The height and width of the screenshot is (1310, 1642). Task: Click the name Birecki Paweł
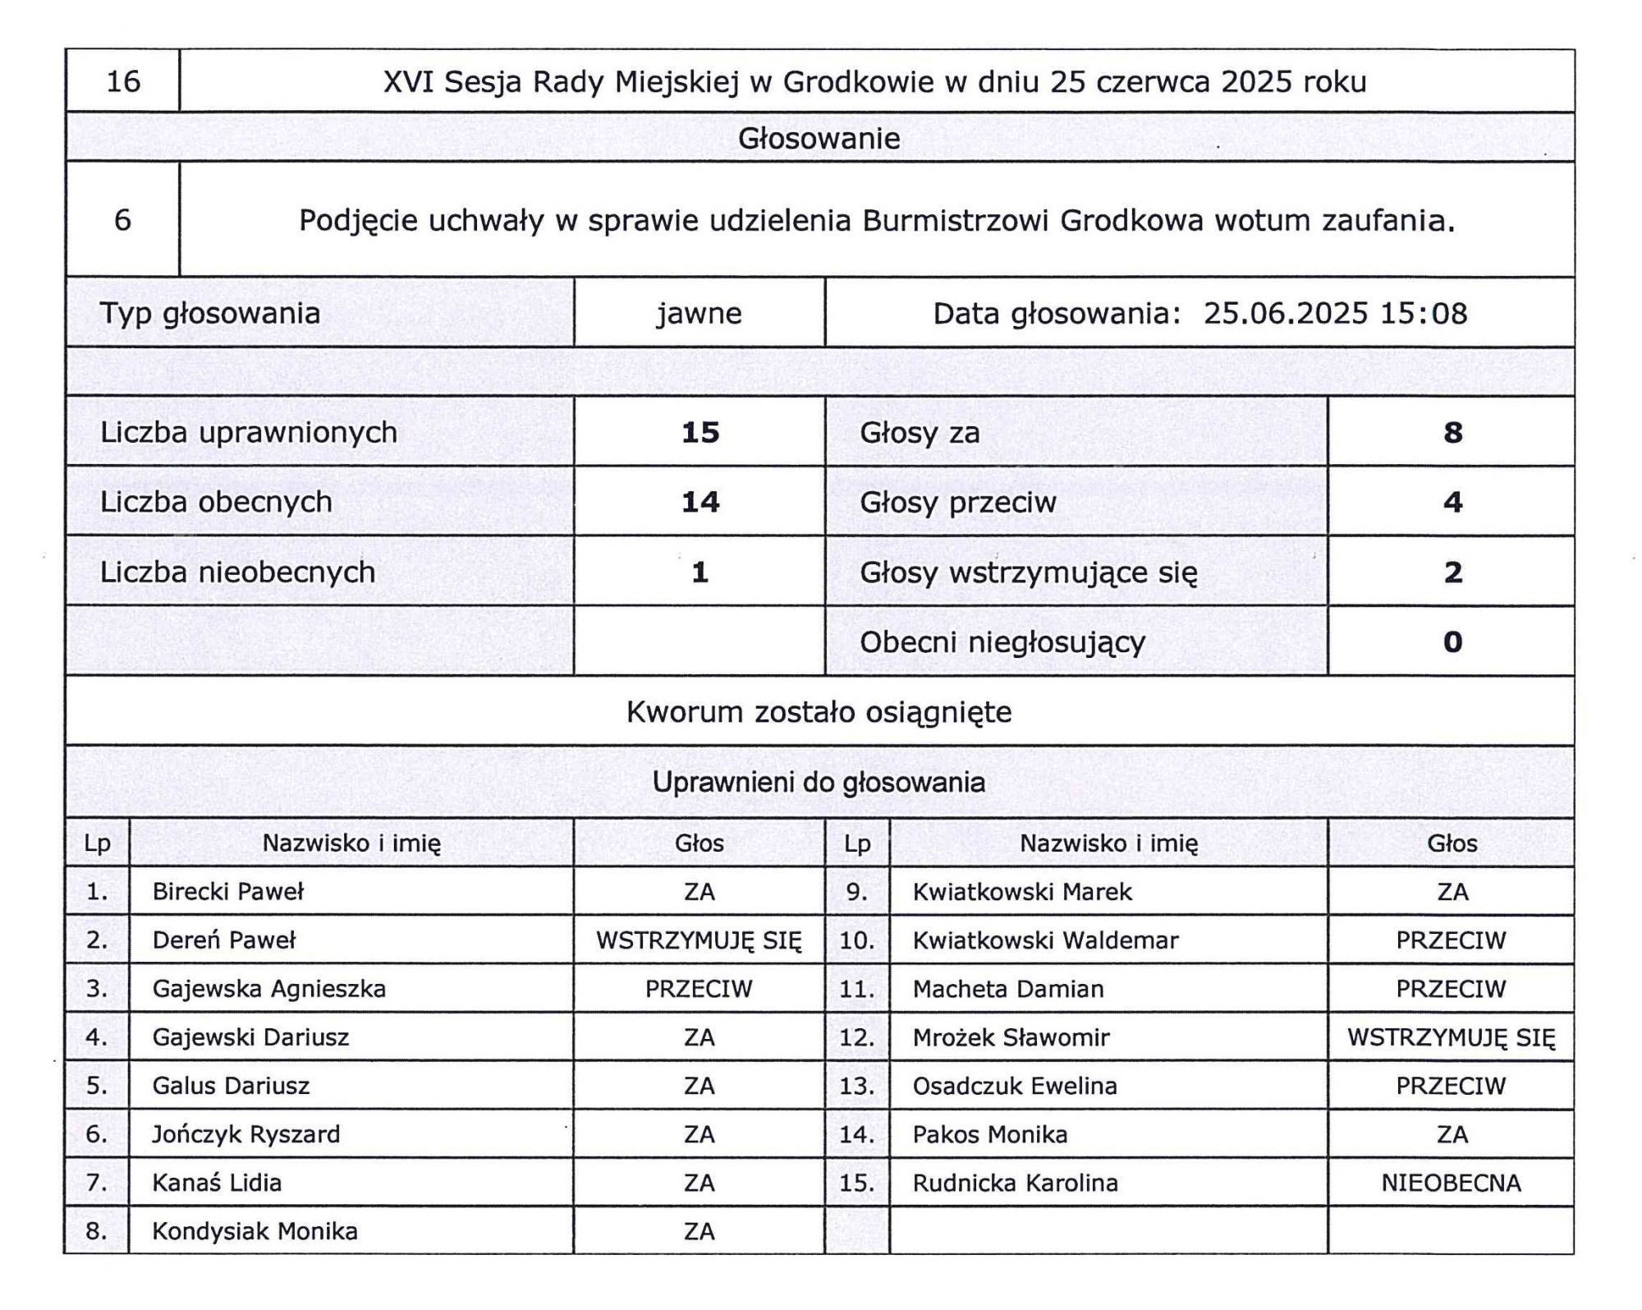(227, 891)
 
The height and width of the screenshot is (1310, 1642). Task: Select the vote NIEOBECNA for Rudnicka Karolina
(1451, 1183)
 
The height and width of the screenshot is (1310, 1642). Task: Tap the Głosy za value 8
(1452, 432)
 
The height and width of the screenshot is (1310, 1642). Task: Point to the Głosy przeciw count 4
(1452, 502)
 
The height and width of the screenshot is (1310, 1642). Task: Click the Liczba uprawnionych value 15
(699, 432)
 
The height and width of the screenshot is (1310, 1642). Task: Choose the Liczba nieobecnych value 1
(699, 572)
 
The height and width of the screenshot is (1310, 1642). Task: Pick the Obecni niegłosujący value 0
(1452, 641)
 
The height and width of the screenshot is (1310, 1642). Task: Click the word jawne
(699, 313)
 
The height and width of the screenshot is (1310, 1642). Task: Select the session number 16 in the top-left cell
(123, 81)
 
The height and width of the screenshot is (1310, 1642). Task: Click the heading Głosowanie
(819, 138)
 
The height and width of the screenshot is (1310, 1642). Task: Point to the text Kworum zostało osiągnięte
(819, 711)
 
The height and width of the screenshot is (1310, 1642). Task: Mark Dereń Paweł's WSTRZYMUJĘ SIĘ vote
(699, 940)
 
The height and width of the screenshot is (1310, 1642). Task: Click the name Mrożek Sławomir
(1011, 1037)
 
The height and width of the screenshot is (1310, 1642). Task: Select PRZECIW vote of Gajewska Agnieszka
(699, 988)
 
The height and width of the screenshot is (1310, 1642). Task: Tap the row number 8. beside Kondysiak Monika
(97, 1230)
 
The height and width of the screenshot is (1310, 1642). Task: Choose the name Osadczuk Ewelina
(1015, 1086)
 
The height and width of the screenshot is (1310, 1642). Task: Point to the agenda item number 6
(122, 219)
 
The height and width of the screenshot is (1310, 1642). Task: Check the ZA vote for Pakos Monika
(1452, 1134)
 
